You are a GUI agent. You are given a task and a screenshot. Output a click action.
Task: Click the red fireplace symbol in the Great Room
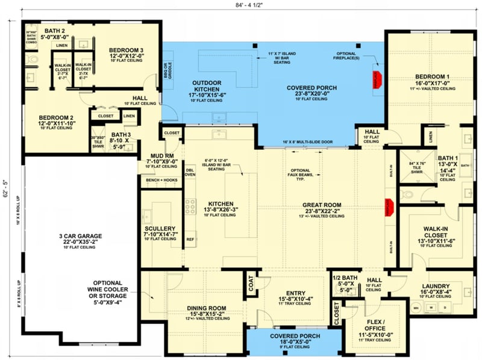pyautogui.click(x=388, y=206)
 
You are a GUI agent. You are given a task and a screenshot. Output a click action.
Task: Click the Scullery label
pyautogui.click(x=160, y=229)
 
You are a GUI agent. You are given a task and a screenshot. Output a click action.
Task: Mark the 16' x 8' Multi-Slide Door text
pyautogui.click(x=307, y=142)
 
